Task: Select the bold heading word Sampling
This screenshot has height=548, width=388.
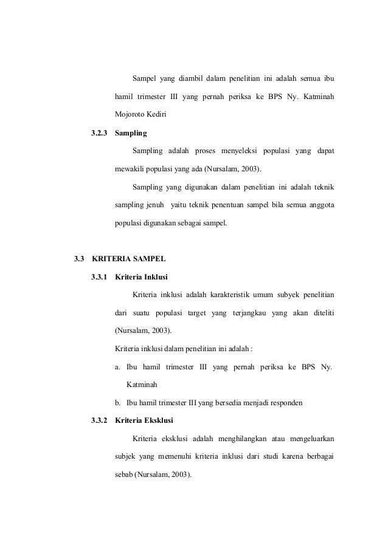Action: (x=131, y=132)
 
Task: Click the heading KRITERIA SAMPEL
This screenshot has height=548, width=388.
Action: (x=124, y=259)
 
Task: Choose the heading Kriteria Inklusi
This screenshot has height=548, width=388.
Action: (x=141, y=278)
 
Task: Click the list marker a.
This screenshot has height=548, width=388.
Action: (x=117, y=368)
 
